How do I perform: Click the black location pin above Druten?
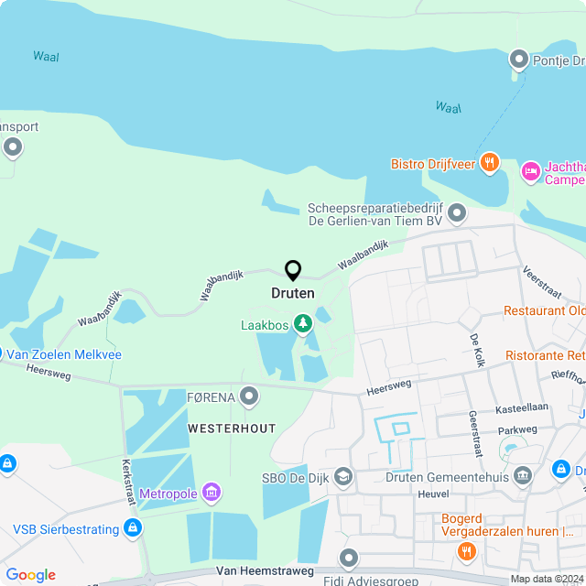[293, 270]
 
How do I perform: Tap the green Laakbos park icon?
[301, 324]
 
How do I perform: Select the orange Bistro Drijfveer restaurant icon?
[490, 164]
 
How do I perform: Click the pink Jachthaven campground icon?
[531, 171]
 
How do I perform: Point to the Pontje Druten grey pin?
[518, 60]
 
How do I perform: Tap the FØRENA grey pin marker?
[249, 396]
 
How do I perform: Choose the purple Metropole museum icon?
[212, 494]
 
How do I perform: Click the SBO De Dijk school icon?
[343, 475]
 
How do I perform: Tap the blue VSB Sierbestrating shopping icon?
[134, 528]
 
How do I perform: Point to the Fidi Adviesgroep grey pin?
[348, 558]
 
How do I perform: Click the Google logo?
[31, 574]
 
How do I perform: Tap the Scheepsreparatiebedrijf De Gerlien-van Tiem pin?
[456, 214]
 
